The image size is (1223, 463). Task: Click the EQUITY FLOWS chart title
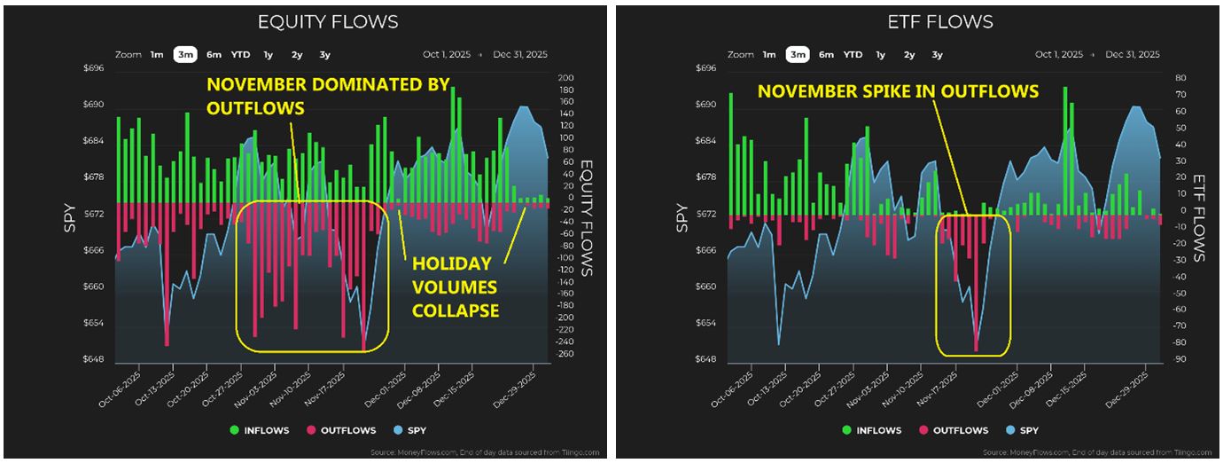pos(327,22)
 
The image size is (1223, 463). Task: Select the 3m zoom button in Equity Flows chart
pos(185,55)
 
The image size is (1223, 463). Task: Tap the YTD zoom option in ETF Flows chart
pos(853,55)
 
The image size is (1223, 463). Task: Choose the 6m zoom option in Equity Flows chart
pos(214,55)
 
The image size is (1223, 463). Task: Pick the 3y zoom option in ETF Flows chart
pos(937,55)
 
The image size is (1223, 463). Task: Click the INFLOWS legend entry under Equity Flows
pos(258,430)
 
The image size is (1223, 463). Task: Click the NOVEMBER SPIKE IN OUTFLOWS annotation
pos(897,90)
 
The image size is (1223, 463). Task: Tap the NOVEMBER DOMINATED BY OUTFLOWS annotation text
pos(328,96)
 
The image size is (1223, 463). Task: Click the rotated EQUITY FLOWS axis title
pos(587,212)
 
